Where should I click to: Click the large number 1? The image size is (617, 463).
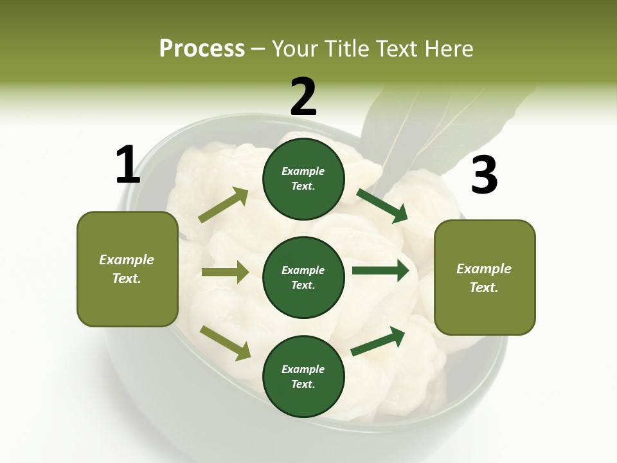pyautogui.click(x=127, y=165)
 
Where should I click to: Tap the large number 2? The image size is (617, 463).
pyautogui.click(x=303, y=97)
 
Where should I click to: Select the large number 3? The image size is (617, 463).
pyautogui.click(x=484, y=176)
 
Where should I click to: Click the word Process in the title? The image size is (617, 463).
pyautogui.click(x=202, y=49)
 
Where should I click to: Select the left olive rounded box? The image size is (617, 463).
pyautogui.click(x=127, y=269)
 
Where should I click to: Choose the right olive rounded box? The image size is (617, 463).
pyautogui.click(x=485, y=277)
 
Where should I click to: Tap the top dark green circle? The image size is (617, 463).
pyautogui.click(x=303, y=179)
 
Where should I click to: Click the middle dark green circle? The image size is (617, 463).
pyautogui.click(x=303, y=277)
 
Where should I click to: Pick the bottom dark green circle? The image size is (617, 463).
pyautogui.click(x=303, y=376)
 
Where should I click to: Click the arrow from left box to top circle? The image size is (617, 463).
pyautogui.click(x=224, y=205)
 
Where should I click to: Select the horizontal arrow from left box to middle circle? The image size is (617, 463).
pyautogui.click(x=225, y=272)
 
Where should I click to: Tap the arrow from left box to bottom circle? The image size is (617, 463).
pyautogui.click(x=225, y=343)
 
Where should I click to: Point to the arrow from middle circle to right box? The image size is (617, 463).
pyautogui.click(x=380, y=270)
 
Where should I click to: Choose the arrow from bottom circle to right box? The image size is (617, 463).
pyautogui.click(x=378, y=341)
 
